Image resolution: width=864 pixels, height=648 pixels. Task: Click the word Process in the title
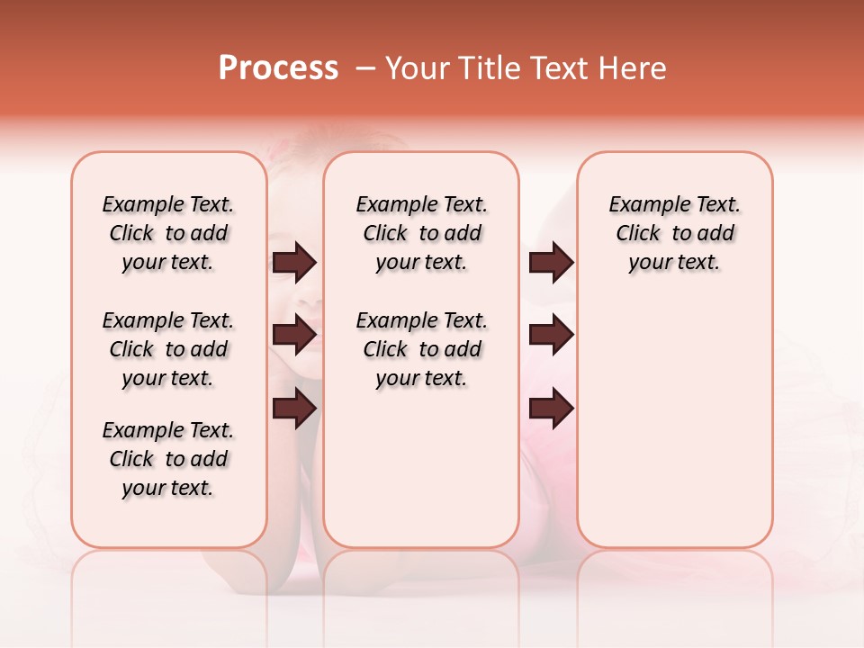coord(278,68)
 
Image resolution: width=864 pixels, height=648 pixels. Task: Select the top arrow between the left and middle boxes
coord(294,263)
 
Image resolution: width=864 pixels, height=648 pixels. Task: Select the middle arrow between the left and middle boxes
coord(294,336)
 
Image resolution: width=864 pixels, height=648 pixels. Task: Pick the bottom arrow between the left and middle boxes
coord(294,409)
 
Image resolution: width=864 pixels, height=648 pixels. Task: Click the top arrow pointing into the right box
coord(551,263)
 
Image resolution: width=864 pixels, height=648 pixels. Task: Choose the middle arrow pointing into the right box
coord(551,336)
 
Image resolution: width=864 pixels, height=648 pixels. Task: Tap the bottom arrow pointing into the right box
coord(551,409)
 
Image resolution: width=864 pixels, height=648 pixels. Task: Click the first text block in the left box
coord(168,233)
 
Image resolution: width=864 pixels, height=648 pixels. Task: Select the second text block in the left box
coord(168,349)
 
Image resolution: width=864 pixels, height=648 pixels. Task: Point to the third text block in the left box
coord(168,459)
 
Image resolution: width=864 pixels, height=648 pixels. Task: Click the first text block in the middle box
coord(421,233)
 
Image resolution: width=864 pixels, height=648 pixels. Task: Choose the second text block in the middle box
coord(421,349)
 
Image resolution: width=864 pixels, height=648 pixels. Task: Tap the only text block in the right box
coord(674,233)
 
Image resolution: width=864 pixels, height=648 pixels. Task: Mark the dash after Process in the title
coord(365,68)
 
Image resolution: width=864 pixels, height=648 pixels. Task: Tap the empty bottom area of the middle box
coord(421,477)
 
